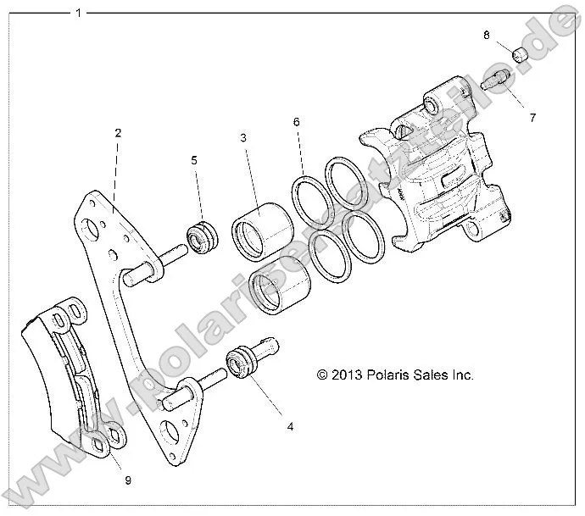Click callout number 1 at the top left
click(79, 13)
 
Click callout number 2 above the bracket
click(118, 132)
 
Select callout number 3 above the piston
click(242, 137)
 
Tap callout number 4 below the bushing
click(291, 427)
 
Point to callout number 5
click(193, 158)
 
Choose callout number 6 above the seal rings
click(297, 122)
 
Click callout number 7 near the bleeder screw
click(533, 118)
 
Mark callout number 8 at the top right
click(487, 36)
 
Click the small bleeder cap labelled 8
click(521, 56)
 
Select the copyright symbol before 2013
click(322, 375)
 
